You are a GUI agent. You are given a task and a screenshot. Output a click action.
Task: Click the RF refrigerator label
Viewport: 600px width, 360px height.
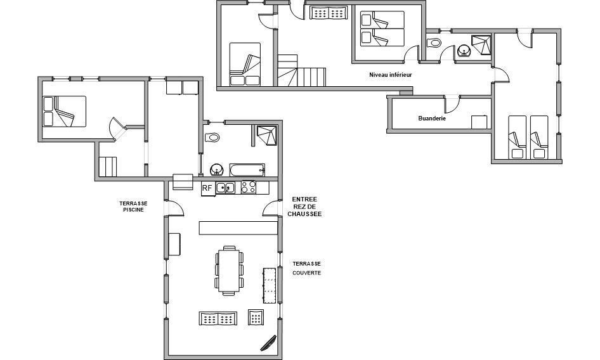(207, 188)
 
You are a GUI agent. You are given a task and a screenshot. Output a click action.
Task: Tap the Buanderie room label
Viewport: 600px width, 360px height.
(432, 119)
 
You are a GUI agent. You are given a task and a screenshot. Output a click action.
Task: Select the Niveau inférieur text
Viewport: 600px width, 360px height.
(390, 75)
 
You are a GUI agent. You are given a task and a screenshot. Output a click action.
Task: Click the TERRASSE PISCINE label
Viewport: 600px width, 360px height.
(133, 207)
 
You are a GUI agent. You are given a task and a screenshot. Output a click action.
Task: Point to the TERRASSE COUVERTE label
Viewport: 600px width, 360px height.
(307, 268)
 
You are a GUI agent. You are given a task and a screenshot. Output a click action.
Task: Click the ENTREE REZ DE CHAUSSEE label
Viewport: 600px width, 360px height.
(304, 207)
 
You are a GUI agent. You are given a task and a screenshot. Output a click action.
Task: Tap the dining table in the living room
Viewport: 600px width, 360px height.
(229, 271)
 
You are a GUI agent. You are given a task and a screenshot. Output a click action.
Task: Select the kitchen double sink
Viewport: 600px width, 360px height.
(225, 188)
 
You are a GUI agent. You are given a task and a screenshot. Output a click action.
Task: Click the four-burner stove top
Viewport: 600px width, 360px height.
(249, 188)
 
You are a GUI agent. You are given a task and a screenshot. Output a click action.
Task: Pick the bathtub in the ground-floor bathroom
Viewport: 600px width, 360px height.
(247, 170)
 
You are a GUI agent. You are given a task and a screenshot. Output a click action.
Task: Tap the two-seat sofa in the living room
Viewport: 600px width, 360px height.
(218, 318)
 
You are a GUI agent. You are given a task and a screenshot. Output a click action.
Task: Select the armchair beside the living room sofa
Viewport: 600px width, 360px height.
(256, 317)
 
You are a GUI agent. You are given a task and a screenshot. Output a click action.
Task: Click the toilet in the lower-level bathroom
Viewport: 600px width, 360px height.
(434, 42)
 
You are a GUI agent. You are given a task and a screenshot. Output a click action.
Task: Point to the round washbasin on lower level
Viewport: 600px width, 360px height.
(464, 51)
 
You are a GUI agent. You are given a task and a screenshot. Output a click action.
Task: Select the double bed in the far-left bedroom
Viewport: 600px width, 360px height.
(64, 112)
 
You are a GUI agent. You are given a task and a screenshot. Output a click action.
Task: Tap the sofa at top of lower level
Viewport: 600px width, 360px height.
(329, 13)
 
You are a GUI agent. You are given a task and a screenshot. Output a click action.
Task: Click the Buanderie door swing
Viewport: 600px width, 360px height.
(452, 103)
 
